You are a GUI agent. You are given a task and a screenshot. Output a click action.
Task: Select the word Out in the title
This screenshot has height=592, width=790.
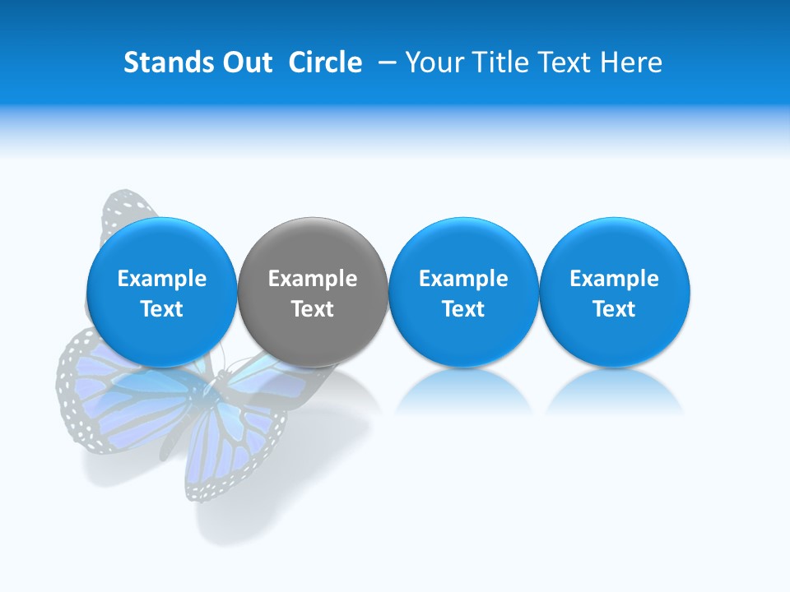tap(246, 62)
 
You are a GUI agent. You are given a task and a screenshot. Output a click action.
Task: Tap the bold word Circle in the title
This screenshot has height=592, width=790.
tap(325, 62)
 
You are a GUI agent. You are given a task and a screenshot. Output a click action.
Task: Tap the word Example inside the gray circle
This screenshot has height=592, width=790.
tap(312, 279)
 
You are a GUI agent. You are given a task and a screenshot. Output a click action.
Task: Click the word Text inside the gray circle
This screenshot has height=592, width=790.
tap(312, 309)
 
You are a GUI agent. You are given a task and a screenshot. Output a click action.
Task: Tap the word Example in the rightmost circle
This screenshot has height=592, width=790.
tap(614, 279)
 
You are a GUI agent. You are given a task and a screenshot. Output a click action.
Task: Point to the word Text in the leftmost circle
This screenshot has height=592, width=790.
tap(161, 309)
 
